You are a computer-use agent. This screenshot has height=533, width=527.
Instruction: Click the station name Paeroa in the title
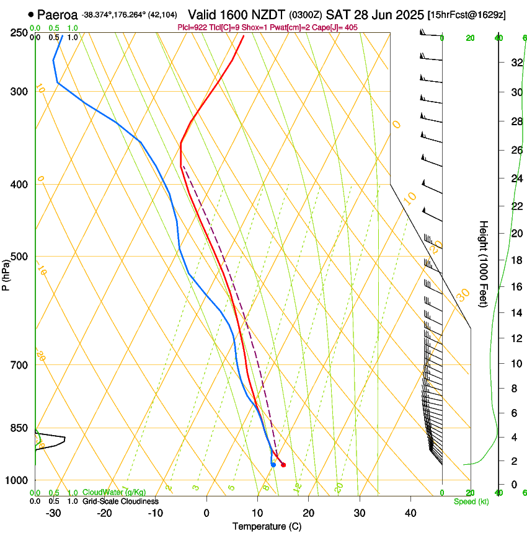pos(57,14)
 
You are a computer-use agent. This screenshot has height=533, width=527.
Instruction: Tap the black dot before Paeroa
pos(31,14)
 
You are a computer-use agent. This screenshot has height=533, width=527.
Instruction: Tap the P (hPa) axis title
pos(6,273)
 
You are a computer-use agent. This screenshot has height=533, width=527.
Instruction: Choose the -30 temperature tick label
pos(53,513)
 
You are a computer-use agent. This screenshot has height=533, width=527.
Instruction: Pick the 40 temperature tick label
pos(410,513)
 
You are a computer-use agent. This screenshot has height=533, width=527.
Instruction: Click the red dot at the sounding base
pos(283,465)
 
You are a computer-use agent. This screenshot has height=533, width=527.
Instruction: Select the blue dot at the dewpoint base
pos(273,464)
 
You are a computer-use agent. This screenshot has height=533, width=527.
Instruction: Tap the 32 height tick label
pos(515,63)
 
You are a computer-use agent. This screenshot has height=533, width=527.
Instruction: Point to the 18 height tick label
pos(515,260)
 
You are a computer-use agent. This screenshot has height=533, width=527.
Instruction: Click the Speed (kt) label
pos(471,501)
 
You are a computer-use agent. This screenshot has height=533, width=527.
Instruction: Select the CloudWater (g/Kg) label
pos(114,493)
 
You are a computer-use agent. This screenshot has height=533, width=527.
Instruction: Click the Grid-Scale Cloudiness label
pos(120,501)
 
